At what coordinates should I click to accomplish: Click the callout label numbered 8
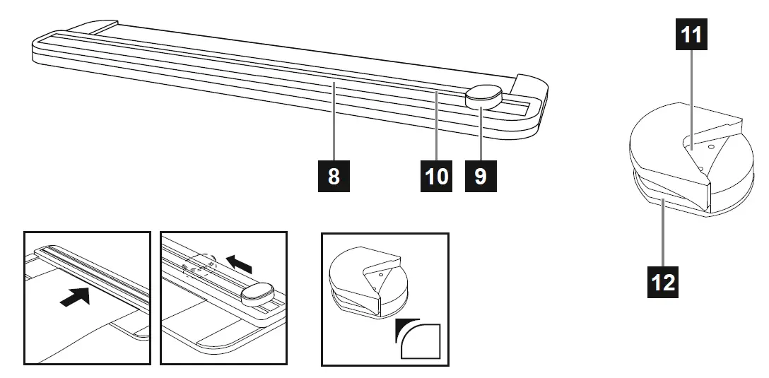334,175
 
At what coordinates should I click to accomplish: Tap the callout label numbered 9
481,175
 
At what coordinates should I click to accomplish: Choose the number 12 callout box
664,283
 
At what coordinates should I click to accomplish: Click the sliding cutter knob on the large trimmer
483,96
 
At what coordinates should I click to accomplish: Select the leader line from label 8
334,123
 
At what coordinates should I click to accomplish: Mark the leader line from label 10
437,127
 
